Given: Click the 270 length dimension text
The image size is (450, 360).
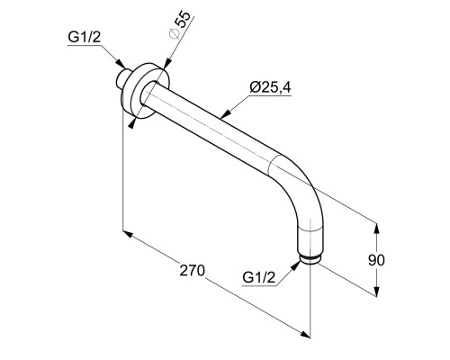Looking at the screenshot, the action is [193, 270].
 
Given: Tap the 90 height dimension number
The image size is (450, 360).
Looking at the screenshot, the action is [376, 260].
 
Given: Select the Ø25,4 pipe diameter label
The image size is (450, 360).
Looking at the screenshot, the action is [270, 87].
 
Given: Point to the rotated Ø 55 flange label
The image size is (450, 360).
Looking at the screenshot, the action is [179, 25].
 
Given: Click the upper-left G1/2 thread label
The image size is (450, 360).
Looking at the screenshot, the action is [84, 38].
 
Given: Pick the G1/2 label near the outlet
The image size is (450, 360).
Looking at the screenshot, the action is [258, 278].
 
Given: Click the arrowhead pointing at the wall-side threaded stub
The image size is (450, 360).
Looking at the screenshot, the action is [121, 64].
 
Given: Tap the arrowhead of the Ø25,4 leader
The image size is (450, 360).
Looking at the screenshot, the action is [226, 113].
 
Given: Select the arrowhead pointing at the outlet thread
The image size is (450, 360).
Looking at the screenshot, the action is [295, 265].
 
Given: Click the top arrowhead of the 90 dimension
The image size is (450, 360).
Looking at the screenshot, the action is [376, 229].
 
